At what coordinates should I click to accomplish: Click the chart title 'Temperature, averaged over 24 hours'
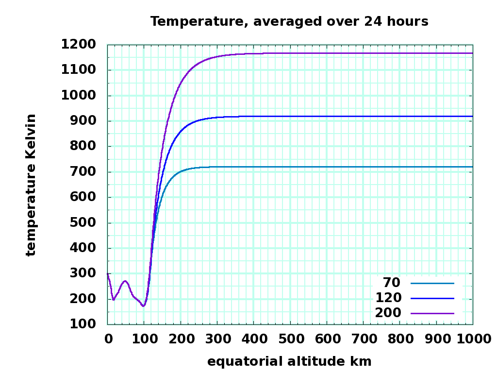pos(289,21)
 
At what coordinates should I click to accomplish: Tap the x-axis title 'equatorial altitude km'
pos(289,361)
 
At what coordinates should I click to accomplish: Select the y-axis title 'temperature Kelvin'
pos(31,185)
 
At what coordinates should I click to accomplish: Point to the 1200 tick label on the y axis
pos(78,45)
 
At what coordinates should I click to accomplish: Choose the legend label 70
pos(392,282)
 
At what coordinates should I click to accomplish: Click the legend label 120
pos(388,298)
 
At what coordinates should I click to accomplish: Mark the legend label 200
pos(388,313)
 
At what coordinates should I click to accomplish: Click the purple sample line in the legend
pos(432,314)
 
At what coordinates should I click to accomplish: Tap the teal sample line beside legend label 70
pos(432,283)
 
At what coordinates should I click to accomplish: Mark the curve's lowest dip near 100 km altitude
pos(143,305)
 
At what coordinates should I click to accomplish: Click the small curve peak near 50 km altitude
pos(125,281)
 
